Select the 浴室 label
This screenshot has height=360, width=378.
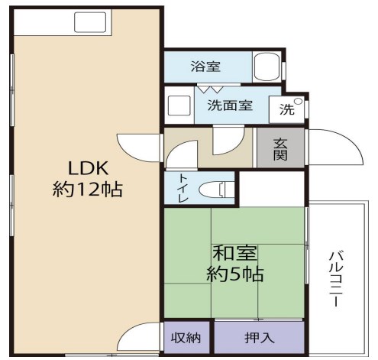pos(205,66)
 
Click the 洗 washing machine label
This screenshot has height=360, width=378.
pos(286,109)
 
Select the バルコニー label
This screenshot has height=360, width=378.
pos(335,279)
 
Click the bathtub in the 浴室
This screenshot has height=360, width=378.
pos(267,66)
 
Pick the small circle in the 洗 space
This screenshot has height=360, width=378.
pos(297,101)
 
